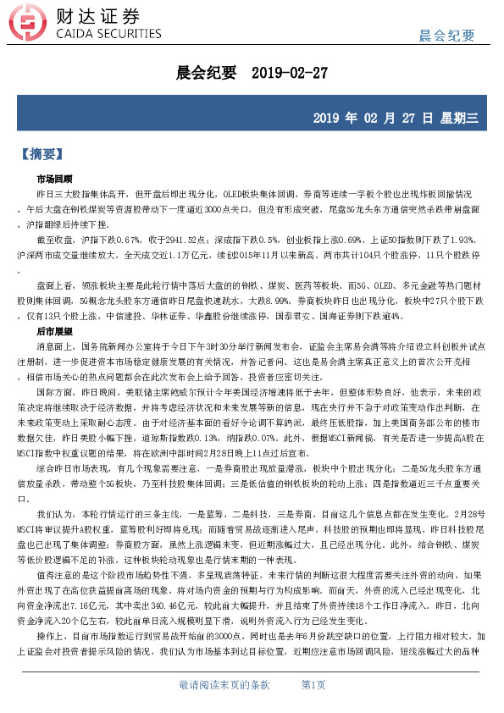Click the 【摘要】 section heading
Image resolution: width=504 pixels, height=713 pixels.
(52, 155)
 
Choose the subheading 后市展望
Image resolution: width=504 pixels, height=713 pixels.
(53, 332)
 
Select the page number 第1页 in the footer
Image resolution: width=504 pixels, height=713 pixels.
(313, 684)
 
